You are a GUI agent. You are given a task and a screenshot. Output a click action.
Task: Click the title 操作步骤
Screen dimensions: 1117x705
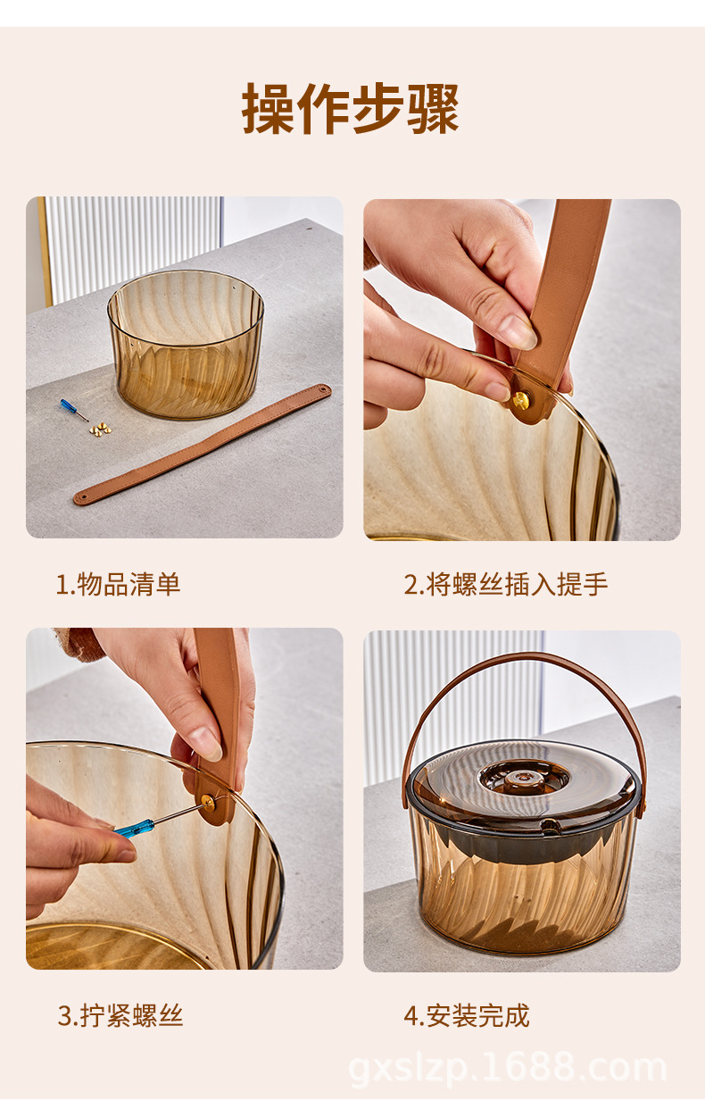pyautogui.click(x=351, y=110)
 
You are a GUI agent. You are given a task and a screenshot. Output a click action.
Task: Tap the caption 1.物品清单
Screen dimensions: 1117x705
pyautogui.click(x=119, y=585)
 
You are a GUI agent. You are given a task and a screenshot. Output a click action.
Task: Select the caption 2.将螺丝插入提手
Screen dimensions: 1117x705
pyautogui.click(x=505, y=585)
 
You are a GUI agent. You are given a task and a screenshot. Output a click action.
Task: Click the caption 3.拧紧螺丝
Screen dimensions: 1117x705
pyautogui.click(x=120, y=1015)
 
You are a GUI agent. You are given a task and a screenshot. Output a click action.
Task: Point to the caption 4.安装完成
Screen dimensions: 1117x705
pyautogui.click(x=466, y=1015)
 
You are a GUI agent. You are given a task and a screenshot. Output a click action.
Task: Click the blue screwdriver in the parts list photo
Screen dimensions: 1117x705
pyautogui.click(x=71, y=410)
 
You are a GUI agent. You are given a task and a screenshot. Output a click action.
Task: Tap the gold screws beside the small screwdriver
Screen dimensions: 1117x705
pyautogui.click(x=100, y=429)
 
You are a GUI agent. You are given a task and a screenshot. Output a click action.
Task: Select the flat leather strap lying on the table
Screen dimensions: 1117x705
pyautogui.click(x=202, y=445)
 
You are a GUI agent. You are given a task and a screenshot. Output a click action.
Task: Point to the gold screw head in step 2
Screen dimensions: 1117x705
pyautogui.click(x=518, y=400)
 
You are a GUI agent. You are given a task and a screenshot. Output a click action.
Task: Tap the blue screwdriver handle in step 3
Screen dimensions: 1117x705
pyautogui.click(x=134, y=828)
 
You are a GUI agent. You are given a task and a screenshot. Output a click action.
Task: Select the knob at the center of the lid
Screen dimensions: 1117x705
pyautogui.click(x=523, y=777)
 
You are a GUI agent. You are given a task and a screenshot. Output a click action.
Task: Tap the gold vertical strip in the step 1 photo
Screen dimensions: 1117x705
pyautogui.click(x=45, y=250)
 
